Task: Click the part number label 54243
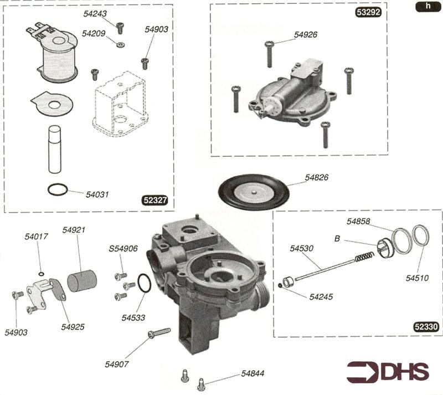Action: (96, 14)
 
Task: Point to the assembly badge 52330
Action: (426, 327)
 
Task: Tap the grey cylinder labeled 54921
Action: (81, 280)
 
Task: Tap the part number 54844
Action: (252, 374)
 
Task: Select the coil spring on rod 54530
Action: (363, 257)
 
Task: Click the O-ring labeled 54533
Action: (143, 284)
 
